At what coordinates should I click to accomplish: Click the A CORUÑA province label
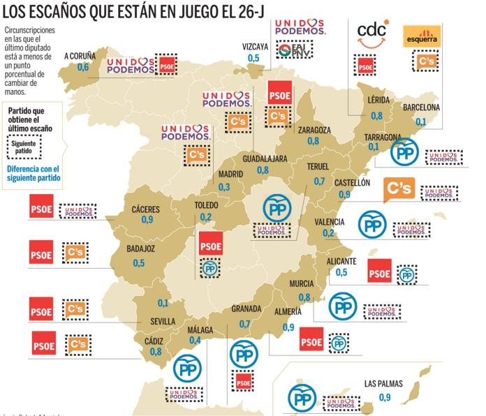(80, 55)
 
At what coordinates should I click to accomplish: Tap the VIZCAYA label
(256, 46)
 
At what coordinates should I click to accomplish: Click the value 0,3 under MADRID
(224, 187)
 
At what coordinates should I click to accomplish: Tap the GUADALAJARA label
(265, 158)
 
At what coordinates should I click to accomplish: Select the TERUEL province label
(321, 168)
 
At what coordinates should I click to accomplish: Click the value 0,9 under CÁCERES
(147, 219)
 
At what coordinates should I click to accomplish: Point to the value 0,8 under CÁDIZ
(156, 351)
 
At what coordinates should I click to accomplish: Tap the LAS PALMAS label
(384, 384)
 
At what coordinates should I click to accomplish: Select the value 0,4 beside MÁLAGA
(195, 340)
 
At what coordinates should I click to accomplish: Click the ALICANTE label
(341, 261)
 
